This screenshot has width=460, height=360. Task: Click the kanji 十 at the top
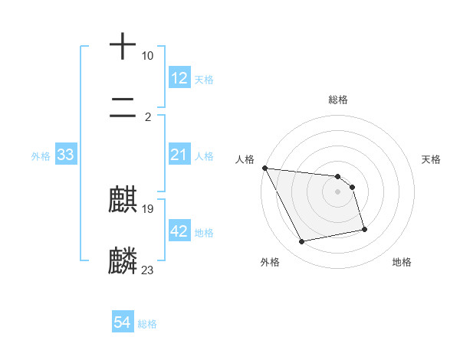click(123, 46)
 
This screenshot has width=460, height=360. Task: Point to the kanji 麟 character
click(123, 260)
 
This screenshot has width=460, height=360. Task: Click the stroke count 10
click(147, 56)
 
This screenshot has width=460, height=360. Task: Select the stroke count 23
click(147, 270)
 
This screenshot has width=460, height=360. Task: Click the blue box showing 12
click(179, 78)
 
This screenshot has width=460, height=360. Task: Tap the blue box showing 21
click(179, 155)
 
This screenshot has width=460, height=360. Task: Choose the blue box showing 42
click(179, 231)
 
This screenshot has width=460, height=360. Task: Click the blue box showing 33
click(66, 155)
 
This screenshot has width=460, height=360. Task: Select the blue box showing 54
click(123, 323)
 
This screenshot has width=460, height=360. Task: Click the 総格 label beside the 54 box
click(147, 324)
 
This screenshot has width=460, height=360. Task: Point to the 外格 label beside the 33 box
click(41, 156)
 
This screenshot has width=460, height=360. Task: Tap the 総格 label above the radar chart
click(338, 100)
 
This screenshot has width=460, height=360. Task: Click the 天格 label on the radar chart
click(432, 159)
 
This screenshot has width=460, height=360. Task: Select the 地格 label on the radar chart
click(402, 262)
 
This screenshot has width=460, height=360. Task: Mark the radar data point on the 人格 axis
click(264, 168)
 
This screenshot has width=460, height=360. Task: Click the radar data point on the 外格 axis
click(302, 242)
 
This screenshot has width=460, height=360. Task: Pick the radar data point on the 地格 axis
click(364, 229)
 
